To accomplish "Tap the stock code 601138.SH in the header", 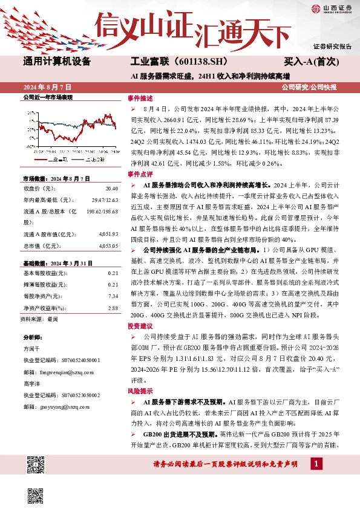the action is (x=197, y=61).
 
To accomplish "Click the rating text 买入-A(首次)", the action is (x=316, y=61).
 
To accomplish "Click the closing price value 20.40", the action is (x=111, y=189).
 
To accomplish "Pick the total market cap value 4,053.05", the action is (x=106, y=246).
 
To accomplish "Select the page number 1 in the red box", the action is (x=315, y=464).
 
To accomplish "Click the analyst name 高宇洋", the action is (x=32, y=383).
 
